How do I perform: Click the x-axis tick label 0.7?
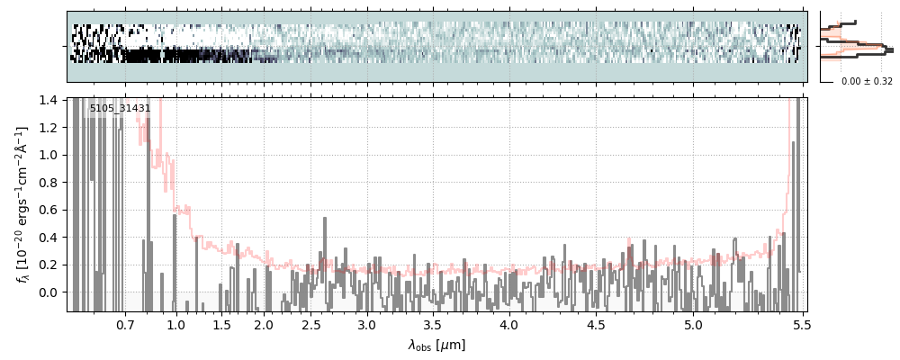125,324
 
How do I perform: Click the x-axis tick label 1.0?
176,324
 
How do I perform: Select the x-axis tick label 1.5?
222,324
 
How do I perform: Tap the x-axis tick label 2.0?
264,324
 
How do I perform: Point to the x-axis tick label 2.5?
311,324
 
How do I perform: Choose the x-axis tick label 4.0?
509,324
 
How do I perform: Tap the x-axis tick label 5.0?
693,324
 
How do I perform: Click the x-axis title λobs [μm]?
436,345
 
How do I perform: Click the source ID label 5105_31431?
120,109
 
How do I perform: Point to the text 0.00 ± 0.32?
867,82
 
